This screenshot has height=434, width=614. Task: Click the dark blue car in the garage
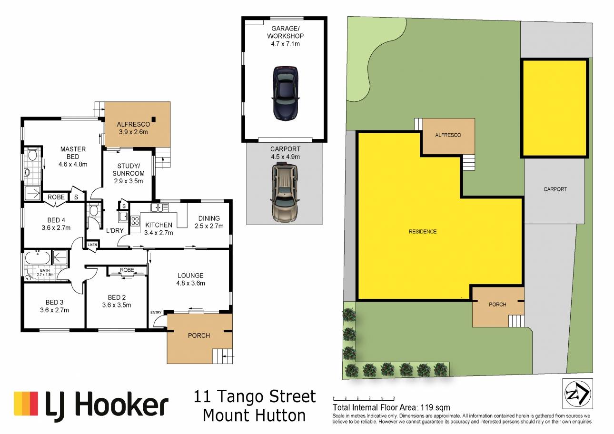click(286, 93)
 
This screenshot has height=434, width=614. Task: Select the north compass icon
click(577, 394)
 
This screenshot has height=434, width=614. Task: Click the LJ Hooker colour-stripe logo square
click(26, 403)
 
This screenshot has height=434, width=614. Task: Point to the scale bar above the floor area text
click(364, 399)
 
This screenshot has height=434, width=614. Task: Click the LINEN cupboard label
click(92, 245)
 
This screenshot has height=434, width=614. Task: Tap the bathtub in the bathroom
click(38, 258)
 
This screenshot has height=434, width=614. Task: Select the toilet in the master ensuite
click(33, 154)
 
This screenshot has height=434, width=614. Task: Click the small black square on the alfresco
click(153, 119)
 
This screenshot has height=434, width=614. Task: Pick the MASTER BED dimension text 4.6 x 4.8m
click(73, 164)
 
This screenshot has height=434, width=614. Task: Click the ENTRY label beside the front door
click(156, 312)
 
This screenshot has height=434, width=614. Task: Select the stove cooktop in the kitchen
click(135, 221)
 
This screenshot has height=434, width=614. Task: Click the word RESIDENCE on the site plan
click(423, 232)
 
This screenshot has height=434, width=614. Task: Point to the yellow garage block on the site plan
click(555, 108)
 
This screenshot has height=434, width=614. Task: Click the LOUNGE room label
click(190, 276)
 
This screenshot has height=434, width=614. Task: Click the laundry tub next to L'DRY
click(123, 217)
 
